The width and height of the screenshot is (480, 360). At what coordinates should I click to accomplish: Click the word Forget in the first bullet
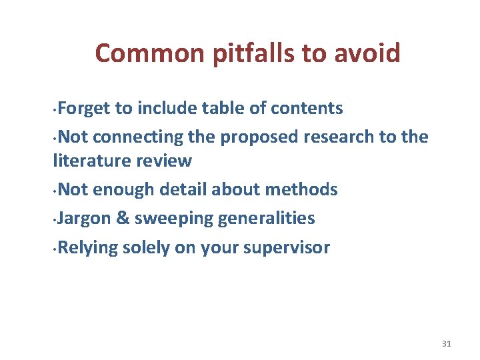point(84,108)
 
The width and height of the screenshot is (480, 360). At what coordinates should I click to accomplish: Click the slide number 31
point(447,343)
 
